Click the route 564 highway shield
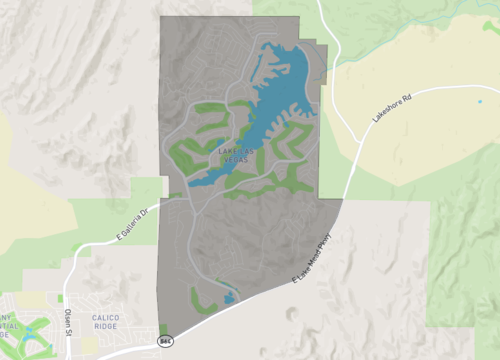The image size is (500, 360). click(165, 341)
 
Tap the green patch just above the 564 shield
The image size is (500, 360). click(163, 328)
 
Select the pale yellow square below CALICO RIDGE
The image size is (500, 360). click(90, 343)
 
